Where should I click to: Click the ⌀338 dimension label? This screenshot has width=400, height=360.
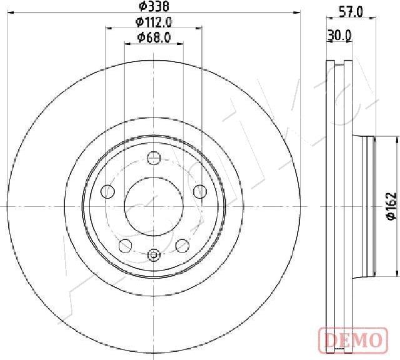click(x=154, y=6)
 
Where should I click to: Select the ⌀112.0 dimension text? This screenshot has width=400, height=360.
click(x=154, y=22)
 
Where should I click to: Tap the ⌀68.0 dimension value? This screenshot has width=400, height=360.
click(x=154, y=37)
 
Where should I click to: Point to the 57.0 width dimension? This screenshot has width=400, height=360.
click(x=351, y=12)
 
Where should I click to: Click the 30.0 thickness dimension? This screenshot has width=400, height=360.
click(x=339, y=36)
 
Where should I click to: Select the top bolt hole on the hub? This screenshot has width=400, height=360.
click(x=154, y=158)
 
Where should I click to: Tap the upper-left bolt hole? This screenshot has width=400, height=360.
click(x=108, y=191)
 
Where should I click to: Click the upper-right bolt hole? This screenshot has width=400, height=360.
click(x=200, y=191)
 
